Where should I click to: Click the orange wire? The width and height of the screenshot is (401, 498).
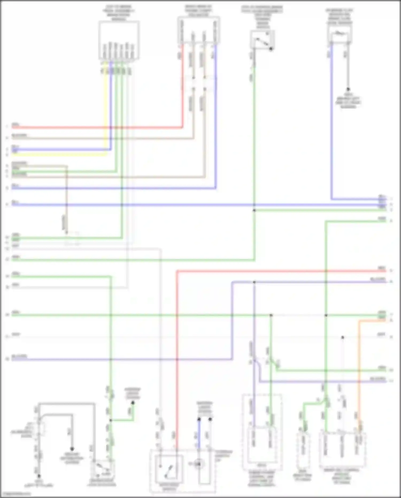359,375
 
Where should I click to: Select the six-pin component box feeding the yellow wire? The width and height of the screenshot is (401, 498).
119,40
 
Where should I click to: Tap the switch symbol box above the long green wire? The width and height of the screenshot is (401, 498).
262,39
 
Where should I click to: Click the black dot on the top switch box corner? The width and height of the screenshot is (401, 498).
271,49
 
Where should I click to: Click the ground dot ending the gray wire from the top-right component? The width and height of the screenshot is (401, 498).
348,89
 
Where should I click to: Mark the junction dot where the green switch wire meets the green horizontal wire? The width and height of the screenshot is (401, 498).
254,210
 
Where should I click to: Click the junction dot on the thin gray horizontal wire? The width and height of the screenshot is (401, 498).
342,337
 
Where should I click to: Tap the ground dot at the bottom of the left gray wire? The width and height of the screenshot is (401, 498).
39,476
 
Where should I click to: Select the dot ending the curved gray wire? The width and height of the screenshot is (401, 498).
72,449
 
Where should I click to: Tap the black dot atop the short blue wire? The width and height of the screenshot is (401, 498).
199,419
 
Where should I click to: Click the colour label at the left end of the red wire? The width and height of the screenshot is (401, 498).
15,125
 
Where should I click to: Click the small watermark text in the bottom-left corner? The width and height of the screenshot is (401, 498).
16,493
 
